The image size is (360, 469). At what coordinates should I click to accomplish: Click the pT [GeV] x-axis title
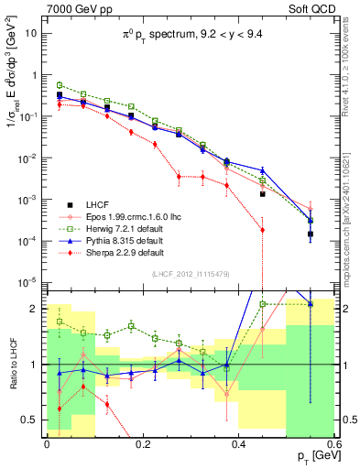click(x=316, y=456)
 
